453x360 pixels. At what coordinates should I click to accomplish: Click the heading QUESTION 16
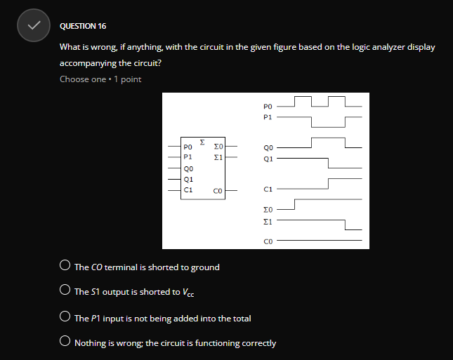pyautogui.click(x=83, y=26)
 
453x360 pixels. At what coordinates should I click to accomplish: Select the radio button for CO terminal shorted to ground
pyautogui.click(x=65, y=267)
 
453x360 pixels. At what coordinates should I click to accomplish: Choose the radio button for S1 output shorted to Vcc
pyautogui.click(x=65, y=291)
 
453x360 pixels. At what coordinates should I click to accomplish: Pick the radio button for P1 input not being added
pyautogui.click(x=65, y=318)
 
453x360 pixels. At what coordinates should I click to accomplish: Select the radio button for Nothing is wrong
pyautogui.click(x=65, y=343)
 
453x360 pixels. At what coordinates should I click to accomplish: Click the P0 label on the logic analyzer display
pyautogui.click(x=267, y=106)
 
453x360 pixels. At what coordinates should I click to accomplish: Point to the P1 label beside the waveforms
pyautogui.click(x=267, y=116)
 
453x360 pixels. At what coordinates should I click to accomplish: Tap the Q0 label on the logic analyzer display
pyautogui.click(x=267, y=148)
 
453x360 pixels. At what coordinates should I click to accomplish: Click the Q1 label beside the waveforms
pyautogui.click(x=267, y=159)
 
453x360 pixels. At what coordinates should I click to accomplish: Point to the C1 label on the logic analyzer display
pyautogui.click(x=267, y=189)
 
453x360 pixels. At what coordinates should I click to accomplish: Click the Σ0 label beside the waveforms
pyautogui.click(x=267, y=210)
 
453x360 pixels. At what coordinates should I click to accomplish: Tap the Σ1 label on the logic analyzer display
pyautogui.click(x=267, y=220)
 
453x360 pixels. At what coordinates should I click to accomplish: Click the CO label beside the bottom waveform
pyautogui.click(x=267, y=241)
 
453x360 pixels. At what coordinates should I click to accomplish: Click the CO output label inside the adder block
pyautogui.click(x=218, y=190)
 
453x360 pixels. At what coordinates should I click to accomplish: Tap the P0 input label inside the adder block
pyautogui.click(x=188, y=147)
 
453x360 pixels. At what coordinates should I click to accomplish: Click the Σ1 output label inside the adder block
pyautogui.click(x=218, y=158)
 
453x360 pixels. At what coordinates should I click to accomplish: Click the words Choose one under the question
pyautogui.click(x=82, y=79)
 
